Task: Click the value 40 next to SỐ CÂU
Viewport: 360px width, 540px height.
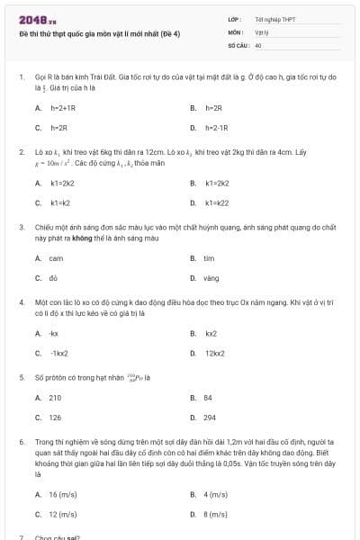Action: pos(258,44)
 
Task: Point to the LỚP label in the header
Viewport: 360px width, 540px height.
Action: pos(236,19)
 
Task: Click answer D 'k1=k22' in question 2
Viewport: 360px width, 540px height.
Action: pos(217,202)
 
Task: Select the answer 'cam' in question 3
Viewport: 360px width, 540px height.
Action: pos(57,257)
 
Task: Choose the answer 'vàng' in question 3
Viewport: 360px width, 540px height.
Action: pos(211,278)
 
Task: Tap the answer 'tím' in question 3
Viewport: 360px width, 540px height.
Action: pos(209,257)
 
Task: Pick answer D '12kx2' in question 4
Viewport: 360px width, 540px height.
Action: pos(214,354)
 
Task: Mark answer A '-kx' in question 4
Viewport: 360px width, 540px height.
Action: pos(54,333)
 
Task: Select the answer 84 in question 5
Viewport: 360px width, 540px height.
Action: pos(208,397)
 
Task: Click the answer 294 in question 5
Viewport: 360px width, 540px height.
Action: pos(210,418)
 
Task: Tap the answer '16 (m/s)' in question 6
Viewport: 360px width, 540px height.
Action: pos(63,494)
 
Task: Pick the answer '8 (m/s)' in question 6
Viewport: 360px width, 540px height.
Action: pos(216,515)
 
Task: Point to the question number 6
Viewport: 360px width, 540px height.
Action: pos(22,443)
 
